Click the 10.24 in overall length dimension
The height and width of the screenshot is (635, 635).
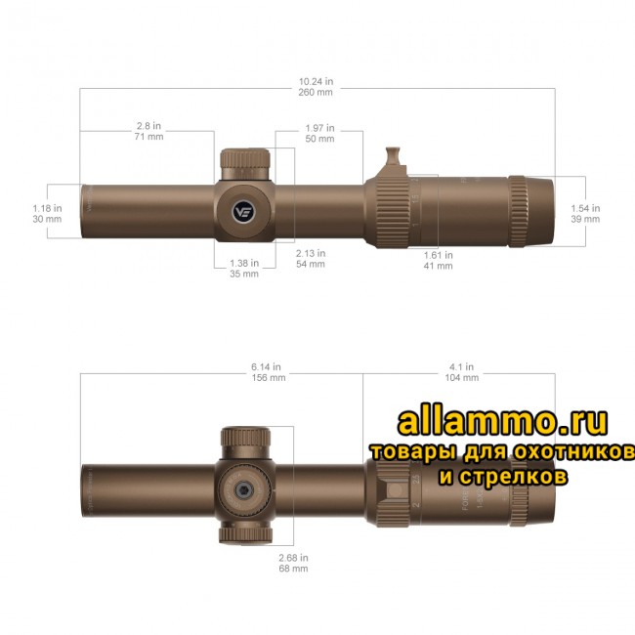317,87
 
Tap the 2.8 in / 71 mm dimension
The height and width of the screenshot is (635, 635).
148,131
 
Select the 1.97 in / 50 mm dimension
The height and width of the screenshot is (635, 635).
319,133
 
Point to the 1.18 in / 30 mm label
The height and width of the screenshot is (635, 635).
47,213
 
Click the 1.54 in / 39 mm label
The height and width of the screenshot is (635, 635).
585,213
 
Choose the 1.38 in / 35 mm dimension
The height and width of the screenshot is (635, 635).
243,269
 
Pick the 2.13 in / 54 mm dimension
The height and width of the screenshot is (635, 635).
310,258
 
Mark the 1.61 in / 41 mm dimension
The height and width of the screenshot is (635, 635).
439,260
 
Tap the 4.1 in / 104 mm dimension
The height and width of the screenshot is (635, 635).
461,371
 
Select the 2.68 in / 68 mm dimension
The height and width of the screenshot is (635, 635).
293,562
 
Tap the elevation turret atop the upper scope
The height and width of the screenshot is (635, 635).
243,161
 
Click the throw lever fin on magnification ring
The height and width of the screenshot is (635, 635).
394,157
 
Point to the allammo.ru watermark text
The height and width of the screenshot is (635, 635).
502,421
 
